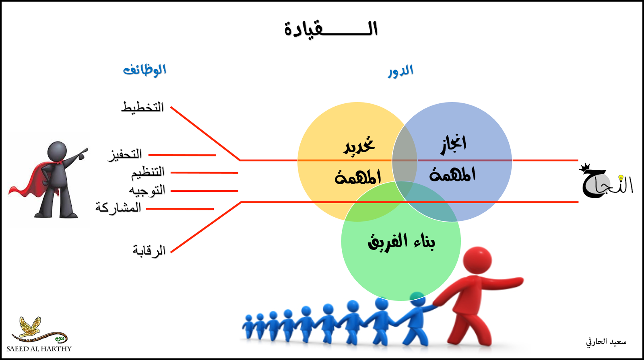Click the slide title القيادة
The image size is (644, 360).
pos(331,29)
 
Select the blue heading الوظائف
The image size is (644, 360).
pos(144,70)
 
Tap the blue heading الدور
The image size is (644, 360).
pos(400,71)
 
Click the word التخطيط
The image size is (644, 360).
pos(142,107)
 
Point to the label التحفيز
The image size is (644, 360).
pos(125,154)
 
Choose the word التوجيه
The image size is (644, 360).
pos(147,190)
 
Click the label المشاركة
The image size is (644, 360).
pos(118,208)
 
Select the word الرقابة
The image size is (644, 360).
pos(149,251)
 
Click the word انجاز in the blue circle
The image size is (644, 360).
pos(453,144)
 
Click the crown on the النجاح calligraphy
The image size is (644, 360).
pos(585,167)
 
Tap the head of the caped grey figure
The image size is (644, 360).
pos(57,151)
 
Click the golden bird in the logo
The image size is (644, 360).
pos(31,326)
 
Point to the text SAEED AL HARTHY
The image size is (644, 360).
pos(39,349)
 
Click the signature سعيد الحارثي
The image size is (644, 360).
pos(606,342)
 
